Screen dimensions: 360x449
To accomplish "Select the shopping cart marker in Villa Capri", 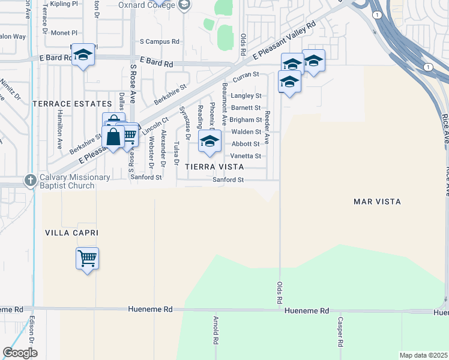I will (87, 259).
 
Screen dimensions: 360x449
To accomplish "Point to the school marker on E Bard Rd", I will (83, 56).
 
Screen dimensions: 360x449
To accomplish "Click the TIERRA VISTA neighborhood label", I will (214, 166).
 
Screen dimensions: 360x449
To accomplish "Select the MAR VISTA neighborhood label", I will (377, 202).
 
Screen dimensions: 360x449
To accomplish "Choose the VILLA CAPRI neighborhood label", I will (71, 232).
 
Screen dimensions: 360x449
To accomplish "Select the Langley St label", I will (246, 95).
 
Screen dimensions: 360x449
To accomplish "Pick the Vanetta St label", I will (246, 156).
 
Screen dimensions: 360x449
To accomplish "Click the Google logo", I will (20, 352).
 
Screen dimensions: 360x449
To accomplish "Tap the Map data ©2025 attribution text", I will (423, 355).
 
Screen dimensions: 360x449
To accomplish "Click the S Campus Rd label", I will (159, 42).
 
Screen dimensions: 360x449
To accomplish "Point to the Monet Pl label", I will (65, 32).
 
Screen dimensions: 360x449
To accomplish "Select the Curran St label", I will (246, 75).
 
